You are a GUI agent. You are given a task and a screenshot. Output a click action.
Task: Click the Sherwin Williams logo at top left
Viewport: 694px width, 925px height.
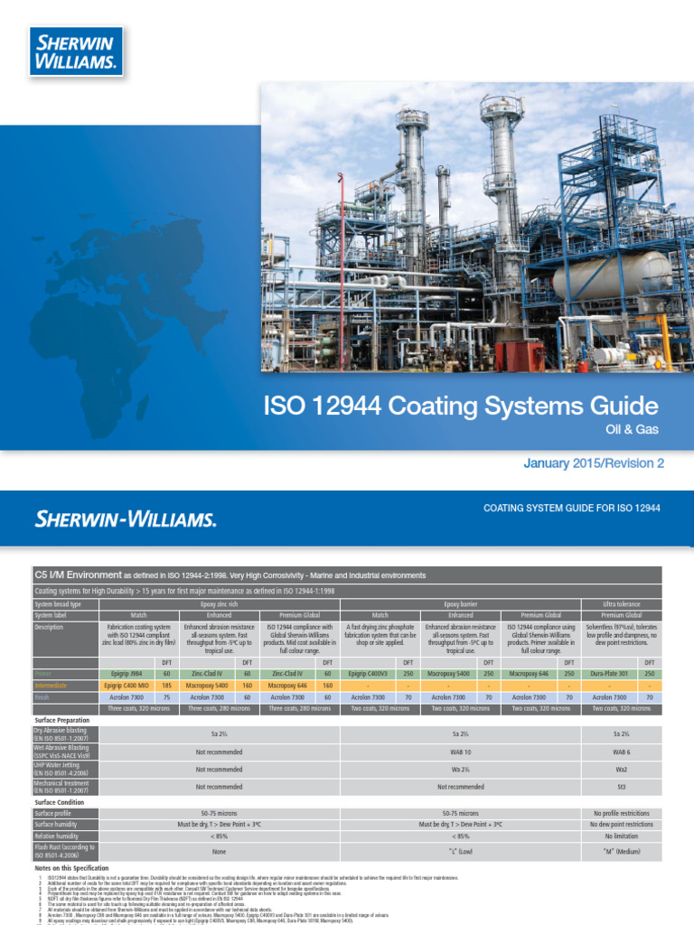[x=76, y=51]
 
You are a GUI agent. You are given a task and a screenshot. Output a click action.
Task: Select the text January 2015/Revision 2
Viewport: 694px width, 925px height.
[x=594, y=463]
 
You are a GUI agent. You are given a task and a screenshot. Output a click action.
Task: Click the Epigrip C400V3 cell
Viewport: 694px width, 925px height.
[x=367, y=673]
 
